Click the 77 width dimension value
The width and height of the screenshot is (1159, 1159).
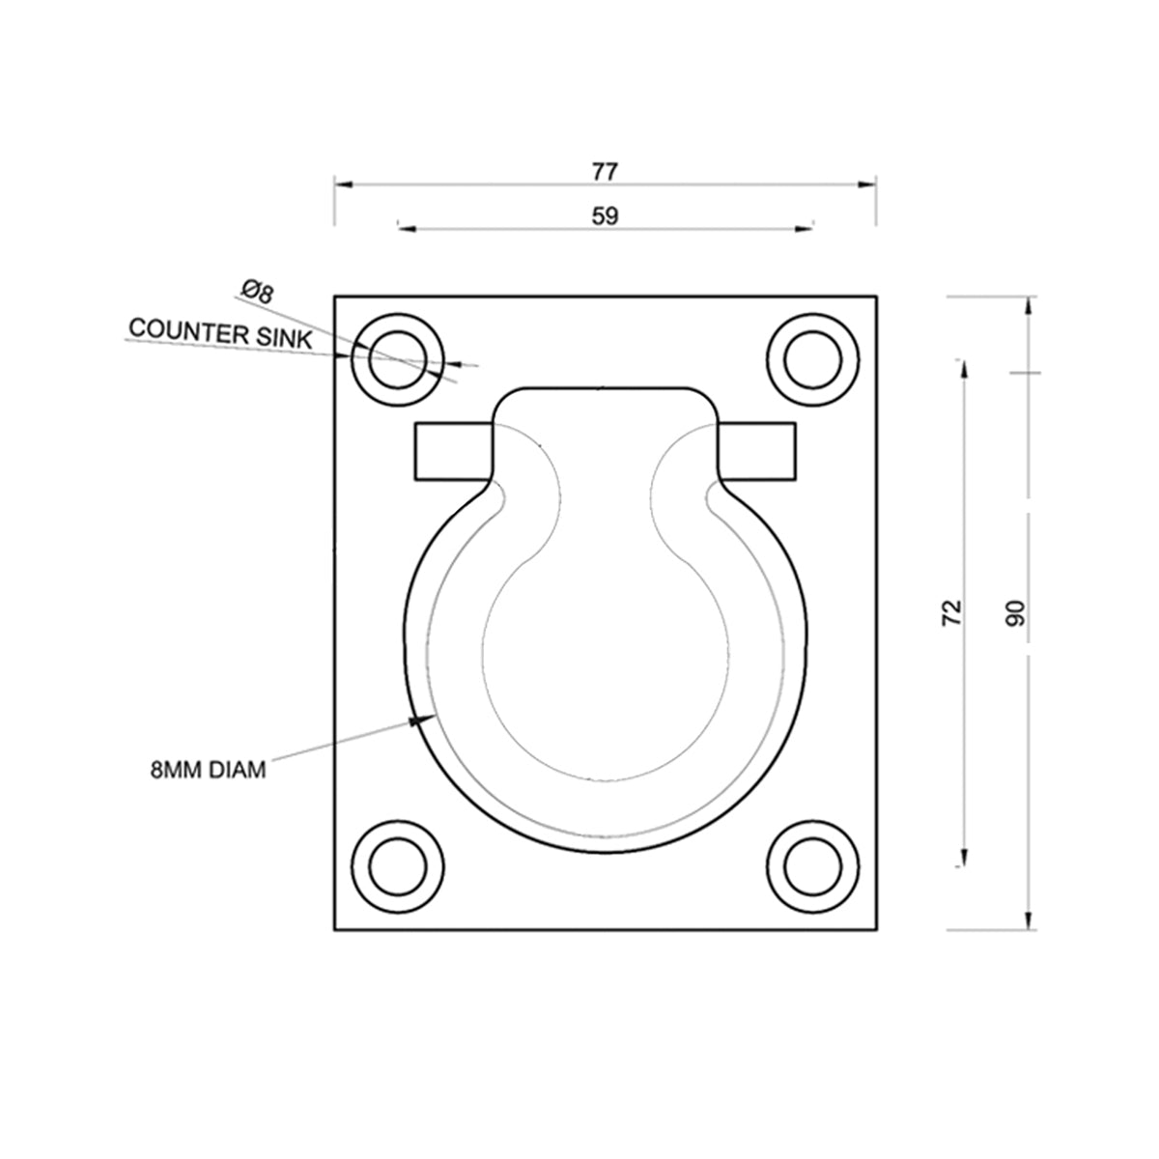605,172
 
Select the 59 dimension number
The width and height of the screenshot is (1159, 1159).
605,216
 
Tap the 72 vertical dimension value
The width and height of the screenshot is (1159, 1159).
952,613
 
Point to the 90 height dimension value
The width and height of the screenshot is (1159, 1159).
1014,613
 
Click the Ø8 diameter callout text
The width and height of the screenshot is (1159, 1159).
257,291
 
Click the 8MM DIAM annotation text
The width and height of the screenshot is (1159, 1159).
208,771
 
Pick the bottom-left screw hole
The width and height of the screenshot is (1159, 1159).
396,864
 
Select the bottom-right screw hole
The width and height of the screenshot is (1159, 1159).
812,864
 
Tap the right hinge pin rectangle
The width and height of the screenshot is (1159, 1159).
759,451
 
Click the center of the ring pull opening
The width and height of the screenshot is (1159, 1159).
605,657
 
